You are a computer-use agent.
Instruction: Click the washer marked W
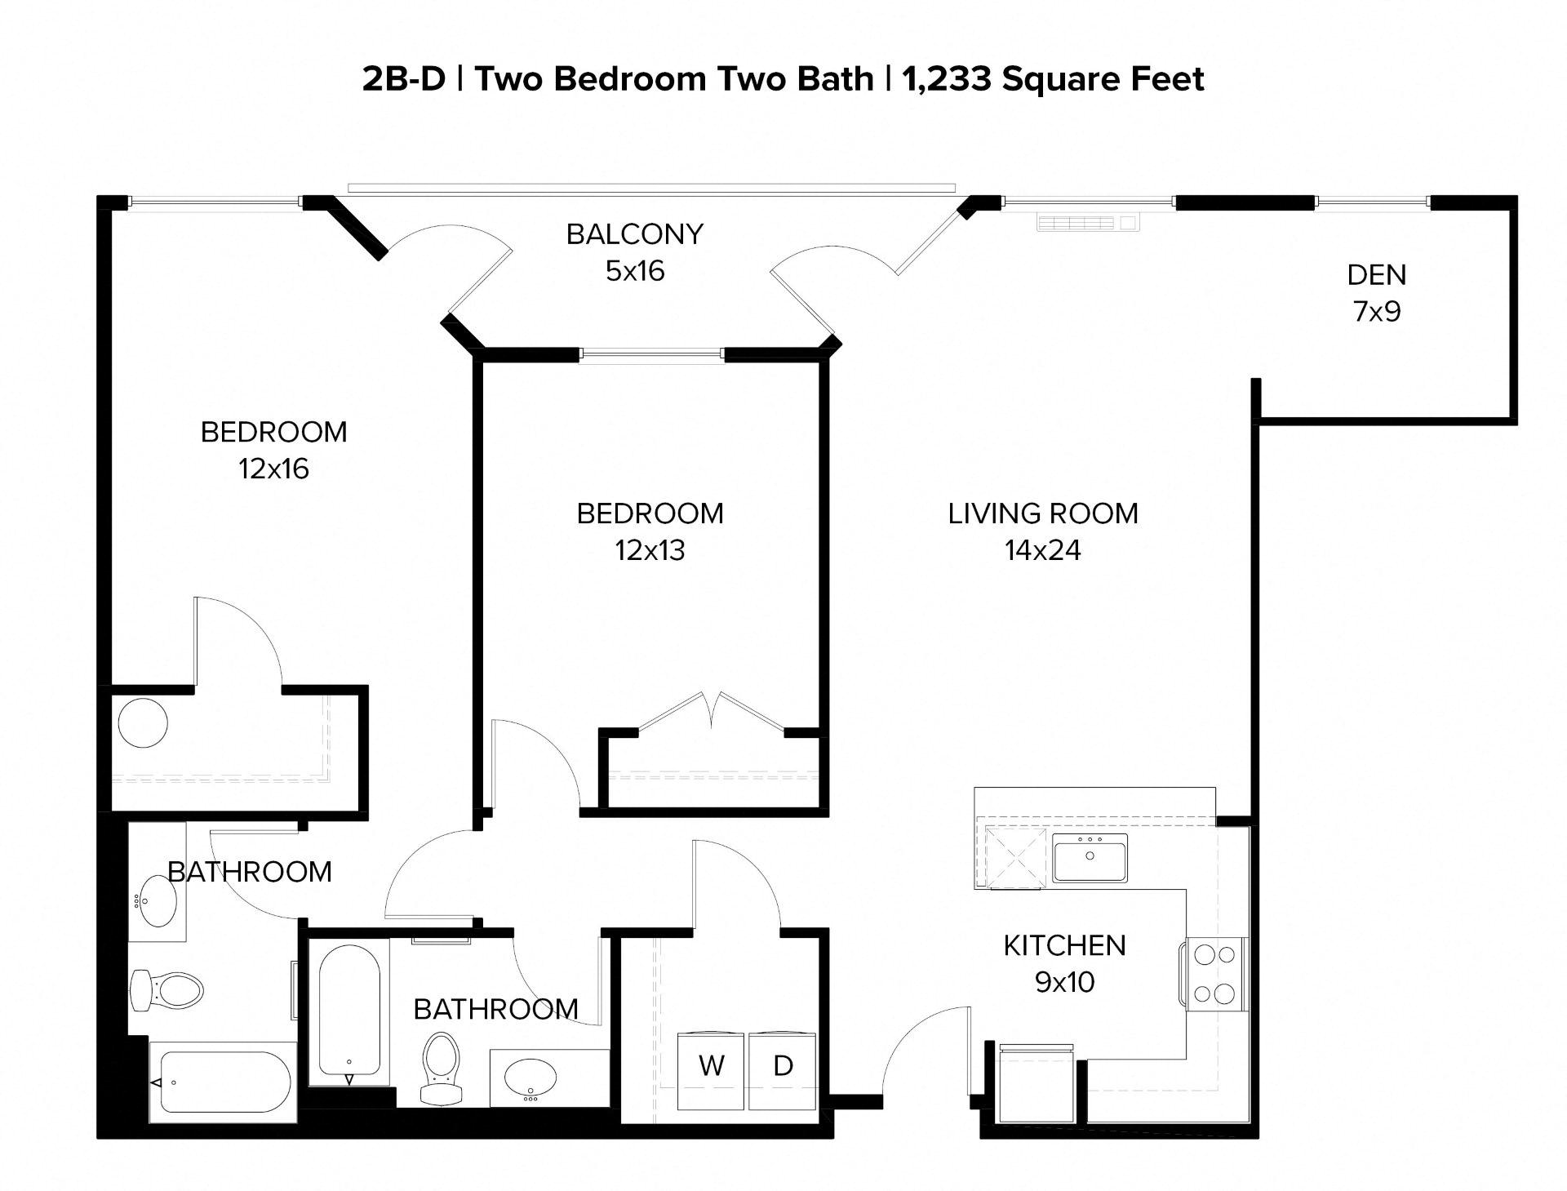tap(712, 1069)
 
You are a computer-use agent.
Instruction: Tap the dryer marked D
tap(782, 1069)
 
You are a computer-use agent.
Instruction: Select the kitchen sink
tap(1090, 858)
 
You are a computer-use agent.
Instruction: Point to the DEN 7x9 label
tap(1377, 293)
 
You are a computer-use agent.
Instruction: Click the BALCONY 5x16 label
tap(635, 251)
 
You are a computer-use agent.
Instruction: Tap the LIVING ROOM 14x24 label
tap(1043, 531)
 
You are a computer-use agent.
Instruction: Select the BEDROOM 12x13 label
tap(650, 531)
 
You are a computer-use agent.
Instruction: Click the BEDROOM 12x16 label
tap(274, 450)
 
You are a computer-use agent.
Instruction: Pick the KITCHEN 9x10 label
tap(1064, 963)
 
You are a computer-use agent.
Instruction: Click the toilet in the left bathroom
tap(167, 991)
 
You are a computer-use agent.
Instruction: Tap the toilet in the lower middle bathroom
tap(442, 1065)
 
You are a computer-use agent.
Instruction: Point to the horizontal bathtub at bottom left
tap(224, 1082)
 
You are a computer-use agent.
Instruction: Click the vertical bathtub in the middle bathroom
tap(348, 1010)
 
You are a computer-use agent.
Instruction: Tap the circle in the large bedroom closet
tap(143, 722)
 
